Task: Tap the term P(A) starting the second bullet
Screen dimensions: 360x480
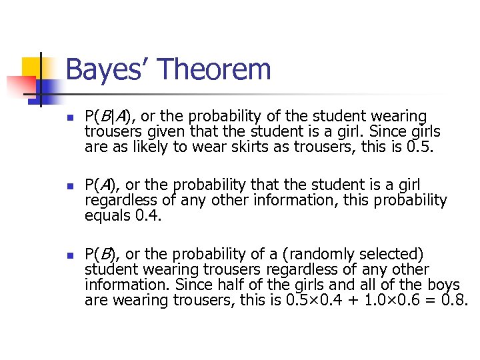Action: tap(101, 185)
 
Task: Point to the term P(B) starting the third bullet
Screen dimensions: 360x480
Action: tap(101, 254)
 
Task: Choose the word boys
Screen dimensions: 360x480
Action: tap(444, 285)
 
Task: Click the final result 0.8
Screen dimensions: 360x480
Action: tap(456, 300)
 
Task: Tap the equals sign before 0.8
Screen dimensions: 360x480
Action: tap(434, 300)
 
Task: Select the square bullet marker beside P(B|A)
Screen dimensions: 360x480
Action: tap(70, 117)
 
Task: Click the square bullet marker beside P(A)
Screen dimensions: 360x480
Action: tap(70, 185)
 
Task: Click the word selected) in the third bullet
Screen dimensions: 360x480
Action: tap(387, 254)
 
